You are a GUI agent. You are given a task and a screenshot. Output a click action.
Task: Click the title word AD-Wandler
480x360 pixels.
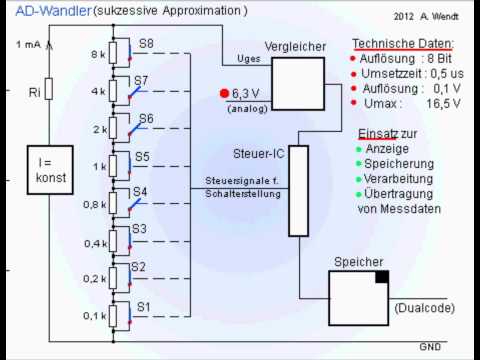pyautogui.click(x=33, y=10)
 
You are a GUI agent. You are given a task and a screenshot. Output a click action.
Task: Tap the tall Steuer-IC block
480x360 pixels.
pyautogui.click(x=298, y=190)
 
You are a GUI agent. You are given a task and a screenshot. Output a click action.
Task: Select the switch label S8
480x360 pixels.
pyautogui.click(x=146, y=44)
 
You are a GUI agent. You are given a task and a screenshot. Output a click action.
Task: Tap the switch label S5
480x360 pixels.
pyautogui.click(x=143, y=156)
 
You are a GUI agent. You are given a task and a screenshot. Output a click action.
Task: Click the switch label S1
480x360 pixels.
pyautogui.click(x=142, y=306)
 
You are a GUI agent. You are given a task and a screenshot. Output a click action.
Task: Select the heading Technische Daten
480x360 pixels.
pyautogui.click(x=403, y=45)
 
